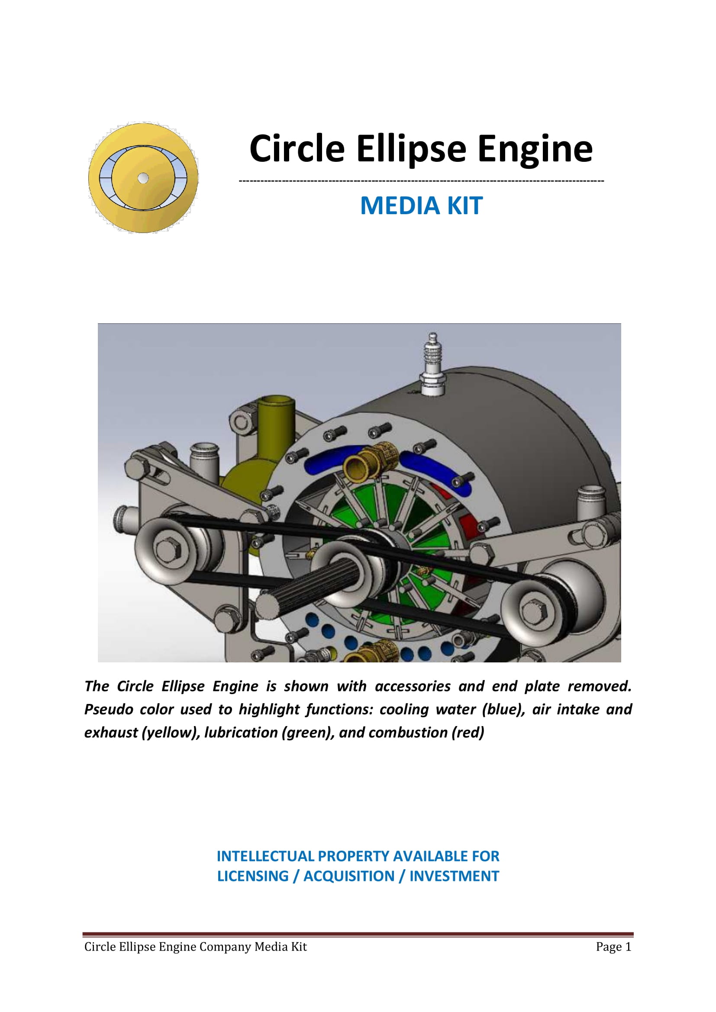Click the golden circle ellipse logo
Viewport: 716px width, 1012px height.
click(x=143, y=178)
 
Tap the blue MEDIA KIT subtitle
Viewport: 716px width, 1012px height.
click(x=422, y=206)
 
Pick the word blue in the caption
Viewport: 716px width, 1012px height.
click(x=503, y=709)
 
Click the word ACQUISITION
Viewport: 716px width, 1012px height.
click(x=349, y=876)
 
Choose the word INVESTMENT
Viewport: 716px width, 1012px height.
click(x=454, y=876)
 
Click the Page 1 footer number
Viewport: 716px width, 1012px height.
click(x=613, y=947)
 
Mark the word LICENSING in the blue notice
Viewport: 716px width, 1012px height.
click(x=253, y=876)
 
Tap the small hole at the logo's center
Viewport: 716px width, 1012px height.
click(x=143, y=178)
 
